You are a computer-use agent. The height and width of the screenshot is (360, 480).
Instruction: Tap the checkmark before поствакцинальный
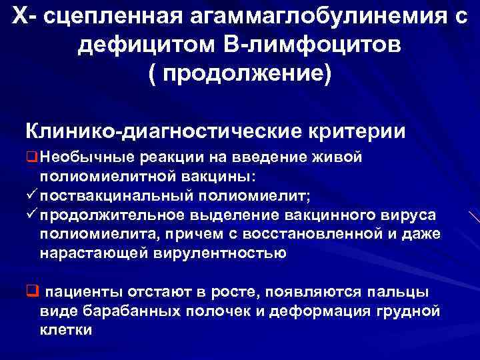click(31, 196)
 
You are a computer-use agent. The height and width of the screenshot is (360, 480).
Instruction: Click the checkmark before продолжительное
click(31, 215)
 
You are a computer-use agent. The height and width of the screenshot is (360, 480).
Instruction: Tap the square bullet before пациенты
click(31, 291)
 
